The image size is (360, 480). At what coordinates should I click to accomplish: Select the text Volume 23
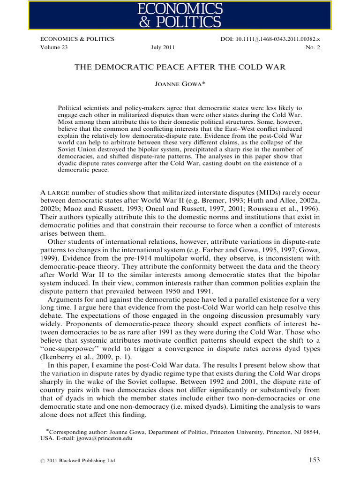(x=54, y=47)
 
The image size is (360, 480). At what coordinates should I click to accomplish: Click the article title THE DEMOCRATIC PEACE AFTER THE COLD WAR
(x=180, y=67)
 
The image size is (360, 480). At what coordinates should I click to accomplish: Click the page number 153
(x=314, y=460)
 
